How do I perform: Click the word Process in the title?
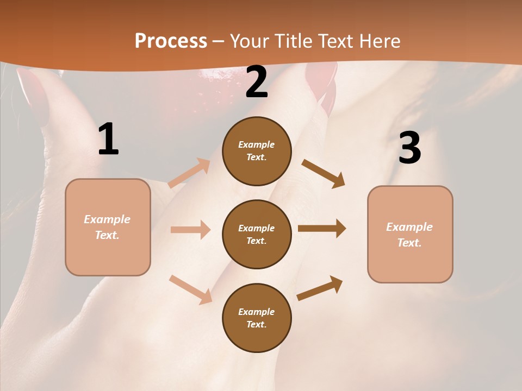click(171, 41)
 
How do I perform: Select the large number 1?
click(108, 140)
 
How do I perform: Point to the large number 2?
click(257, 82)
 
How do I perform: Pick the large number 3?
click(409, 148)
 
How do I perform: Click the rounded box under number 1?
click(108, 227)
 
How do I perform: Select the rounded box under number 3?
click(410, 234)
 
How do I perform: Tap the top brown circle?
click(257, 151)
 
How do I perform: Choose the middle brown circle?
click(257, 234)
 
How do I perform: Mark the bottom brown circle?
click(257, 318)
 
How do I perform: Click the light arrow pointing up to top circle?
click(189, 173)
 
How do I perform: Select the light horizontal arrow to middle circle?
click(190, 230)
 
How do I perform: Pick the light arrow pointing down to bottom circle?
click(190, 289)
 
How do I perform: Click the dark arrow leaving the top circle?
click(323, 173)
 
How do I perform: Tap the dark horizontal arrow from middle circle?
click(322, 229)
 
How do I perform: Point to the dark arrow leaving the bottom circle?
click(320, 288)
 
